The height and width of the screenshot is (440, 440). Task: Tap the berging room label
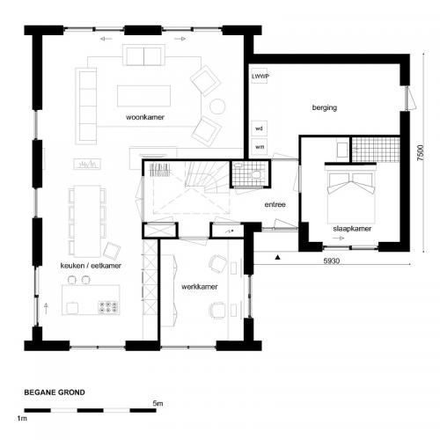[x=325, y=108]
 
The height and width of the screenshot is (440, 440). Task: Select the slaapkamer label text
[x=350, y=227]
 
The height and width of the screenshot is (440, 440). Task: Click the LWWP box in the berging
[x=260, y=77]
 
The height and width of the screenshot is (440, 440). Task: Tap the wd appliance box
[x=259, y=128]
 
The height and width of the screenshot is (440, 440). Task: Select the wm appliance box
[x=259, y=146]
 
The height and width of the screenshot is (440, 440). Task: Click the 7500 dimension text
[x=421, y=158]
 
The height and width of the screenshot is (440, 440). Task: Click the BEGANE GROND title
[x=55, y=393]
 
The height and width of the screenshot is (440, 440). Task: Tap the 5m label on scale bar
[x=157, y=403]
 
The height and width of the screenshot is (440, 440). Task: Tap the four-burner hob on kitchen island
[x=110, y=306]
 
